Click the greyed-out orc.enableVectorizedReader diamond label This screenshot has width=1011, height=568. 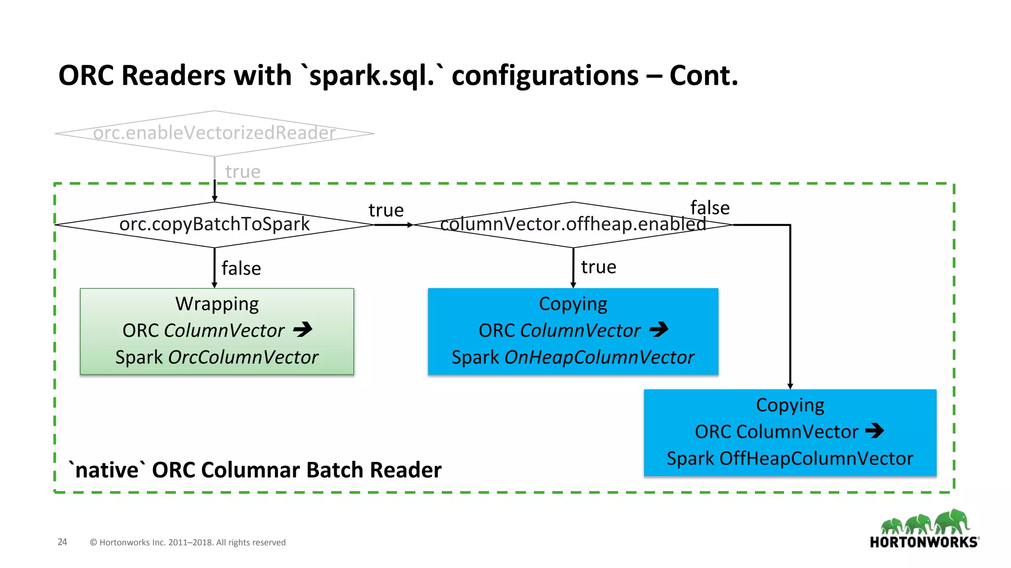214,133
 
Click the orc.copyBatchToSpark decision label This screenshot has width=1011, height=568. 214,224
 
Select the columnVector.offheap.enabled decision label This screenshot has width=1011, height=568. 573,224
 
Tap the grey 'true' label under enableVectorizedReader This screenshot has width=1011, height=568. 242,172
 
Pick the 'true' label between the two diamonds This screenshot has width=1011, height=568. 386,210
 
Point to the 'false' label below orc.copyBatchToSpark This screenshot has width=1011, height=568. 241,268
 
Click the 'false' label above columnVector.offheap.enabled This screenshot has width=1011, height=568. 710,208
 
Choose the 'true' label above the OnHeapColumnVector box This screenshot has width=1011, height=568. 598,267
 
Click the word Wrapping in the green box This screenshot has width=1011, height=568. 217,304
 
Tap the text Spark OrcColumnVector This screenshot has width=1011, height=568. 217,357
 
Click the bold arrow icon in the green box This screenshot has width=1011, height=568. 303,329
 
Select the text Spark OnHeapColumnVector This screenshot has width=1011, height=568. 573,357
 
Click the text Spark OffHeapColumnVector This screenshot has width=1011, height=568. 790,458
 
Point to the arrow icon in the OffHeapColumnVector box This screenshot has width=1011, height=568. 874,430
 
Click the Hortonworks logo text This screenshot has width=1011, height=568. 924,542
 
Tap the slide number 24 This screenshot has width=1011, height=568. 62,542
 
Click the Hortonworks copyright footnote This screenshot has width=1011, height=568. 188,542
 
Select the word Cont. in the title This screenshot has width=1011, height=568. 703,75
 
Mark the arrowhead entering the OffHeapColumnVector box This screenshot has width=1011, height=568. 790,386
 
